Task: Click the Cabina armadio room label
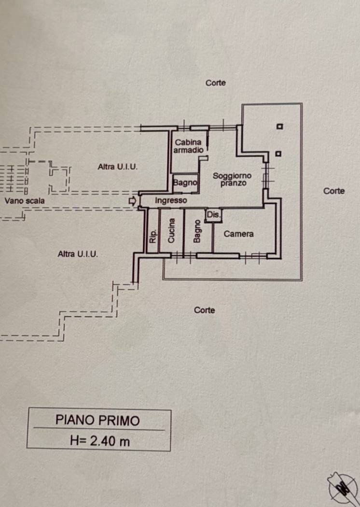click(x=188, y=146)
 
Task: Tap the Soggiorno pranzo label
click(x=232, y=179)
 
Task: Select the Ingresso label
click(x=171, y=200)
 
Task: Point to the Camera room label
click(x=238, y=234)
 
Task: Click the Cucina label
click(x=171, y=230)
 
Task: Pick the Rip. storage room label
click(x=153, y=236)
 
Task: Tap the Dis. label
click(x=213, y=214)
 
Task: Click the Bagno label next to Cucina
click(x=197, y=231)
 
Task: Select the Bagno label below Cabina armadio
click(x=185, y=183)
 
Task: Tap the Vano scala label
click(x=25, y=201)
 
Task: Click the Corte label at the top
click(x=216, y=83)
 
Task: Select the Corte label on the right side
click(x=334, y=191)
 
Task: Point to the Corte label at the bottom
click(x=204, y=310)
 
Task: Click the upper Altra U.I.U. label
click(x=118, y=167)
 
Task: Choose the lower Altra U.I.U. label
click(x=78, y=254)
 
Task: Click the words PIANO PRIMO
click(x=97, y=420)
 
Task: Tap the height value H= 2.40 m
click(x=100, y=441)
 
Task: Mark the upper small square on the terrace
click(x=280, y=127)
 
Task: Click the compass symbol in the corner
click(x=342, y=489)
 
